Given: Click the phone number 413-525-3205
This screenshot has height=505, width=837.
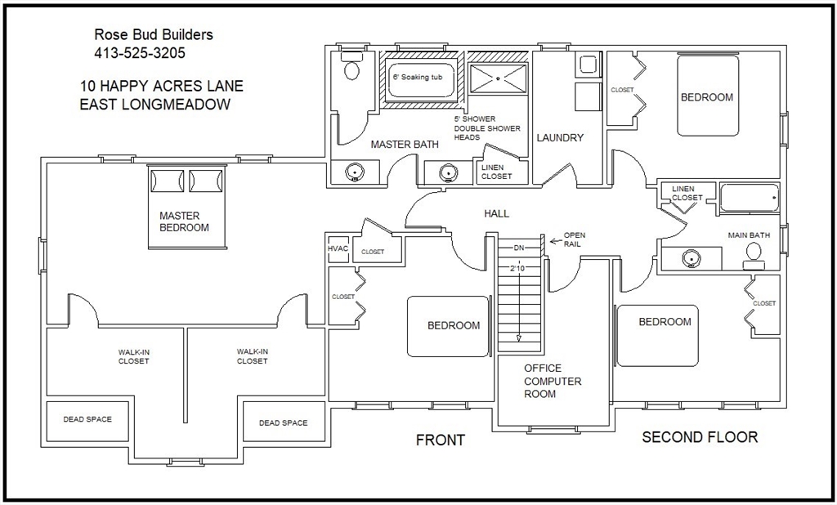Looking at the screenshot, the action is point(140,53).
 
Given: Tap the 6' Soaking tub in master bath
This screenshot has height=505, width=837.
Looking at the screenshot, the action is point(421,80).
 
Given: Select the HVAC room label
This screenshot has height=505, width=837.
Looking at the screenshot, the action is point(338,248).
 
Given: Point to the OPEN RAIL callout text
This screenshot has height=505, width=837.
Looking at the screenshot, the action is point(575,239).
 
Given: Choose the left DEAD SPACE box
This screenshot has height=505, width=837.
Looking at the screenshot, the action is point(87,421).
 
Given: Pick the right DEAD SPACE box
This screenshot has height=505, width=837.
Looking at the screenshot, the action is point(284,422).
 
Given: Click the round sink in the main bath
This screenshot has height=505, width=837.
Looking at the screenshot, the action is point(692,259).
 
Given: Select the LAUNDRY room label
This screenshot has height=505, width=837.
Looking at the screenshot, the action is point(560,138).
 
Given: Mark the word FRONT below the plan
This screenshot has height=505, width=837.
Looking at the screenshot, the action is point(441,440).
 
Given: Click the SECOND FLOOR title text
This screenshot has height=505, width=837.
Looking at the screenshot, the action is point(700,437).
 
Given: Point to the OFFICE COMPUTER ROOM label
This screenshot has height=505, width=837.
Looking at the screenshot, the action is point(553,381).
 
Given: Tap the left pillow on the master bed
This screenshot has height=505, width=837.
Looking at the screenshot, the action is point(167,181).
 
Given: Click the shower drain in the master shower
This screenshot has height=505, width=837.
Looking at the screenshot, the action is point(498,78).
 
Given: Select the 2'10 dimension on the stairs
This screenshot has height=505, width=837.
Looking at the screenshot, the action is point(517,269).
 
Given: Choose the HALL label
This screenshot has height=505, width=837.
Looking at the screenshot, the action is point(496,213).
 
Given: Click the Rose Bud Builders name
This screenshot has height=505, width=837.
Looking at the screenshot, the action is point(154,34).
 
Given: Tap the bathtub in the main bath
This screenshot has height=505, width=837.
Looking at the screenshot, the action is point(750,198).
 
